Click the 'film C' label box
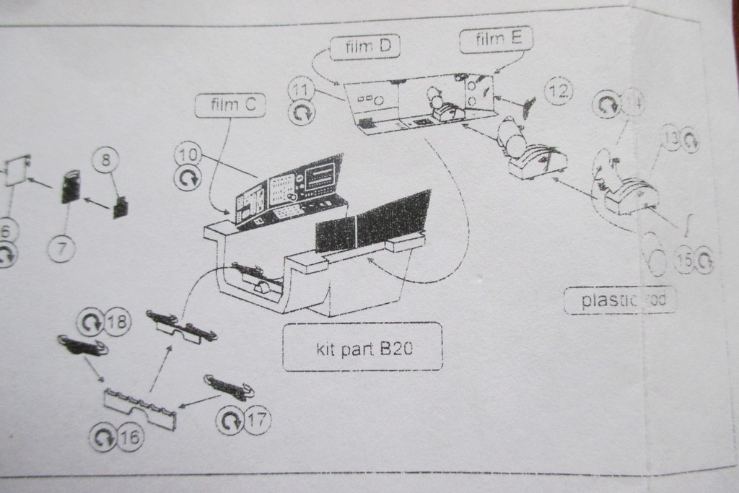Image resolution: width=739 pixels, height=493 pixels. [x=230, y=105]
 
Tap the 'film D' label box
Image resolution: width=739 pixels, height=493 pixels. [x=366, y=48]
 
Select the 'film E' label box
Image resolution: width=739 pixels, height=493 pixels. [x=497, y=40]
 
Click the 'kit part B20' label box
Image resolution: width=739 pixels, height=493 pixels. [x=362, y=347]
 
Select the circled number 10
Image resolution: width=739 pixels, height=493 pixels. [x=187, y=154]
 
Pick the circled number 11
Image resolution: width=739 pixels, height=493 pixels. [x=300, y=90]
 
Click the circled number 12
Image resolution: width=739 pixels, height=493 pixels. [x=557, y=91]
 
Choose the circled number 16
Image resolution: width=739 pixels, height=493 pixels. [x=130, y=436]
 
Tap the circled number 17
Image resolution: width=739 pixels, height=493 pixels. [x=257, y=419]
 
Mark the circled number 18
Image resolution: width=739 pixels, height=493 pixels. [x=118, y=322]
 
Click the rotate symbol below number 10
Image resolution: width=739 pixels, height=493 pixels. [x=188, y=179]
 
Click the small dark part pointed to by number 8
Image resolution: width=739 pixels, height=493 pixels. [x=120, y=207]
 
